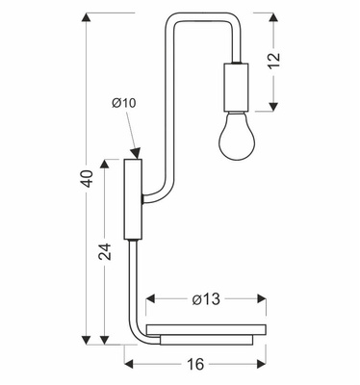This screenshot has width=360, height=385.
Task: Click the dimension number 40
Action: [88, 179]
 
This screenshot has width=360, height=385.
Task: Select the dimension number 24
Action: [105, 251]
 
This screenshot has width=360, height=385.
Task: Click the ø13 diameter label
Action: [204, 299]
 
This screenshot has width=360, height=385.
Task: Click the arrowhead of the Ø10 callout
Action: [137, 153]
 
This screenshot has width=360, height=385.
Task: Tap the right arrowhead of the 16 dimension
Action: [262, 364]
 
